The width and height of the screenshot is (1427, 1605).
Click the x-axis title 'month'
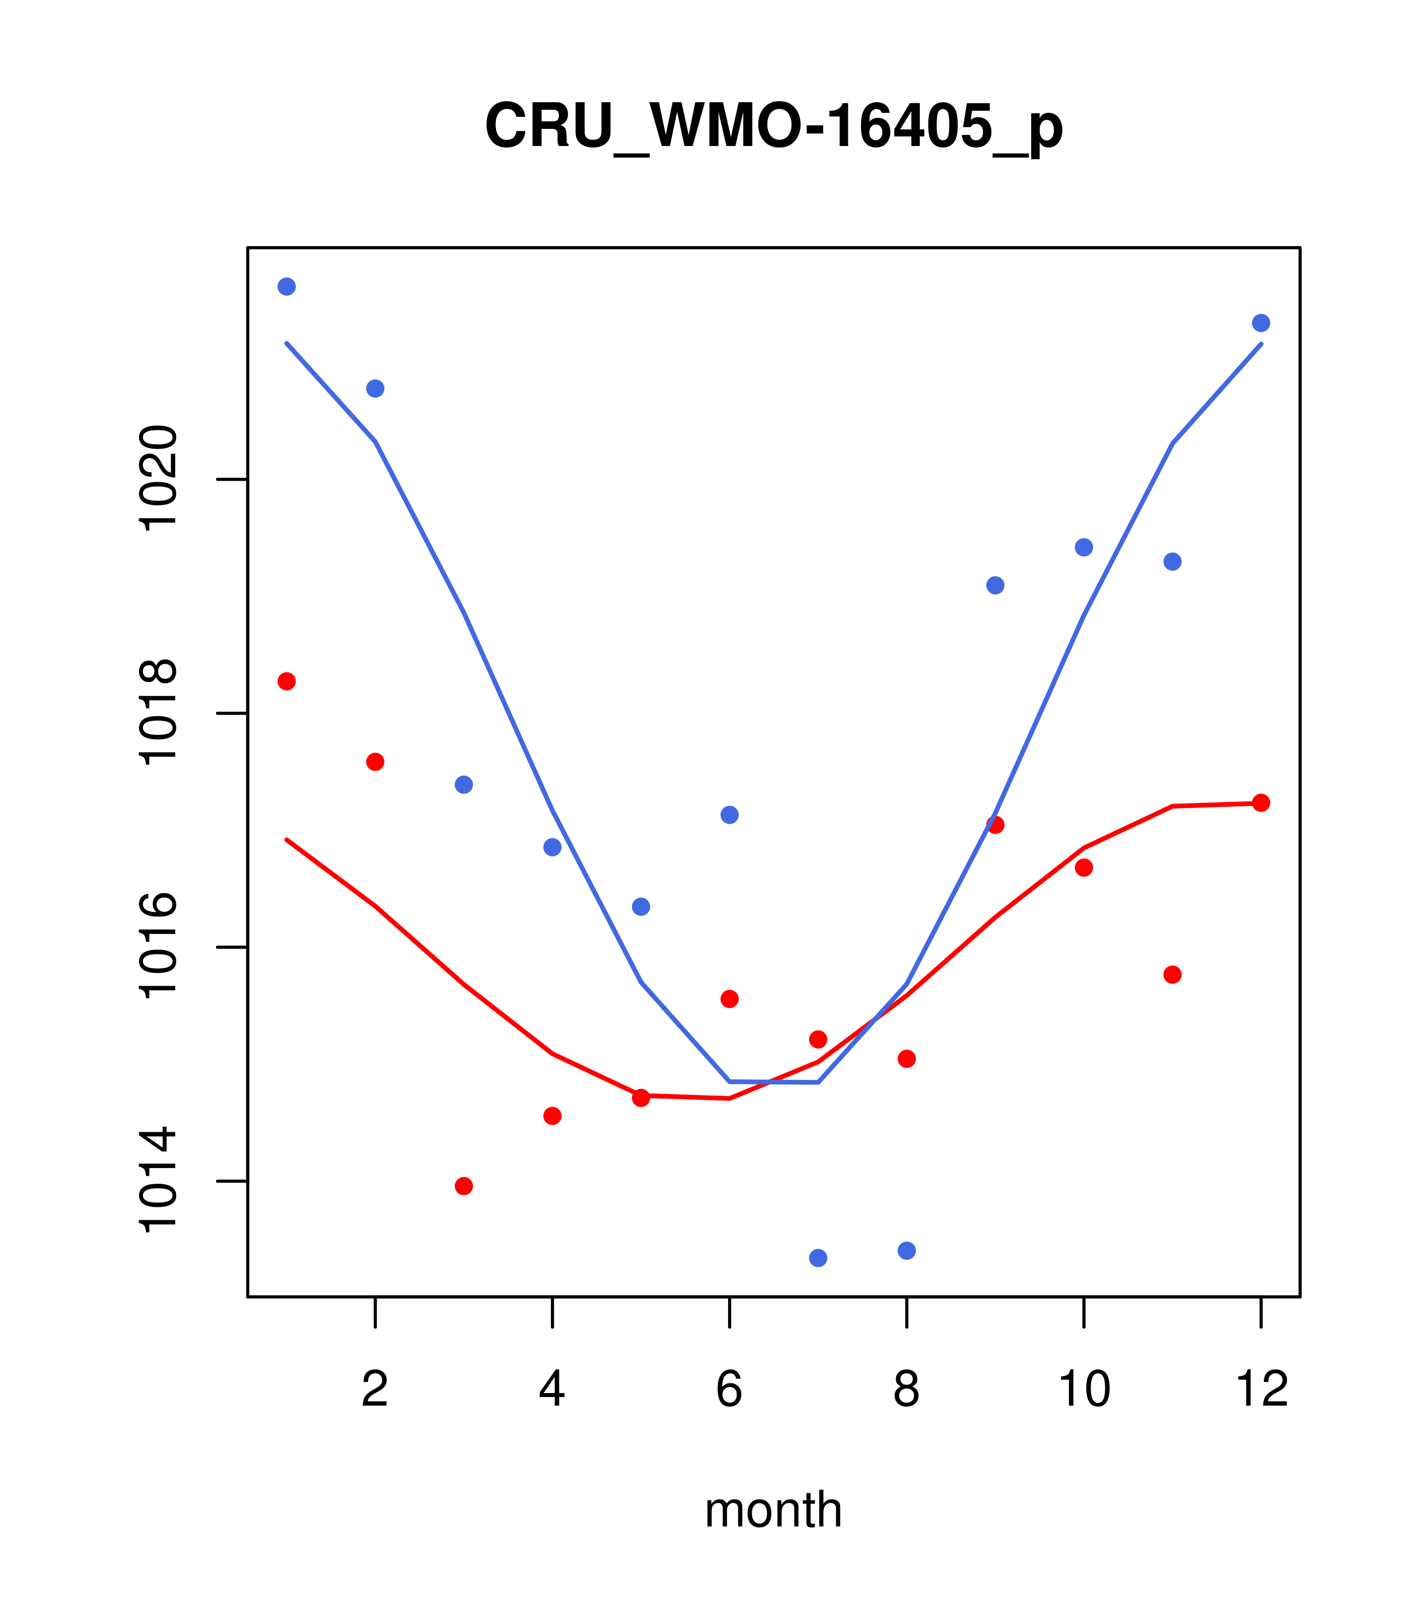click(773, 1510)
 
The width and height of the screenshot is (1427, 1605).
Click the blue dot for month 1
click(287, 286)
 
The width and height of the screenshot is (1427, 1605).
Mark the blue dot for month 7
click(818, 1258)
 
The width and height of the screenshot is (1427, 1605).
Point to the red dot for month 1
click(287, 681)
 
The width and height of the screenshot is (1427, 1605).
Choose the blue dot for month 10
click(1084, 547)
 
